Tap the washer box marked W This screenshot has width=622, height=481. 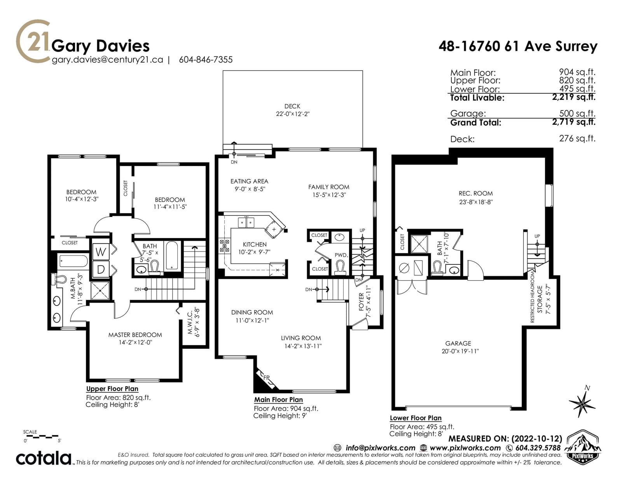pos(101,252)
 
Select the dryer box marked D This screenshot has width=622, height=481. pos(101,269)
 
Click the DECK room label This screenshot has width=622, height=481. pos(292,106)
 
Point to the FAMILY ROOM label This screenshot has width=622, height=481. pos(328,187)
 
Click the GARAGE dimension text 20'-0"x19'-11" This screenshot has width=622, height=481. pos(460,351)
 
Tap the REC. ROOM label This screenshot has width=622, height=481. pos(475,193)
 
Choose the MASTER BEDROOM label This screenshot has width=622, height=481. pos(135,335)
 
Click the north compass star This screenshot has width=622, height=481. pos(582,404)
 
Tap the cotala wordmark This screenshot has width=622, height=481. pos(44,458)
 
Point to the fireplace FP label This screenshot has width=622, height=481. pos(266,378)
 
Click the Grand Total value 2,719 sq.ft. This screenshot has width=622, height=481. pos(574,122)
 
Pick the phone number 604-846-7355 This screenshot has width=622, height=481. pos(206,59)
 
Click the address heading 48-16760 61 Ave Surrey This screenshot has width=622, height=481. pos(518,46)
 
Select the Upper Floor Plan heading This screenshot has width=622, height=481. pos(112,388)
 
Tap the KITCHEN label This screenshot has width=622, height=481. pos(255,245)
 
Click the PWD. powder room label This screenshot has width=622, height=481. pos(341,255)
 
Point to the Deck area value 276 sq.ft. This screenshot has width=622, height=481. pos(577,138)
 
